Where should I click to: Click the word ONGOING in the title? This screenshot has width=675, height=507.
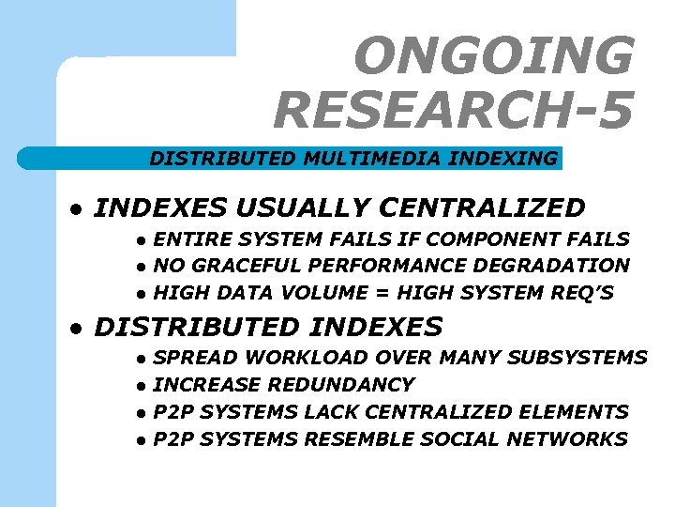pyautogui.click(x=494, y=56)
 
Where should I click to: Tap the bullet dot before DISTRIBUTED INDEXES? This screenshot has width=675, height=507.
pyautogui.click(x=82, y=329)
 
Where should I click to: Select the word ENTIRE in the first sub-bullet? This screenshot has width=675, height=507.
pyautogui.click(x=187, y=239)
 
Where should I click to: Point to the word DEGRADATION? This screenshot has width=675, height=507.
pyautogui.click(x=554, y=266)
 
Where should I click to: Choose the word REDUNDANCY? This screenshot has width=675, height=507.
pyautogui.click(x=341, y=384)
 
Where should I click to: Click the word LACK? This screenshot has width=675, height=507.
pyautogui.click(x=333, y=411)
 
